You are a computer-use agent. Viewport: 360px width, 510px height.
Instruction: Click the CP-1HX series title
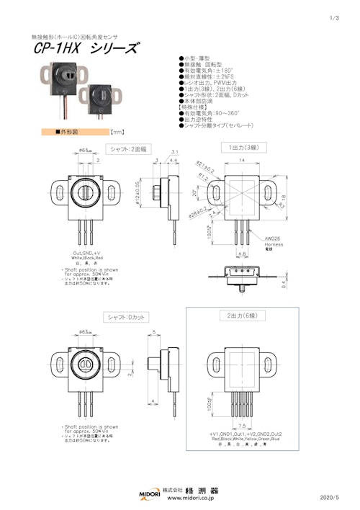pyautogui.click(x=85, y=48)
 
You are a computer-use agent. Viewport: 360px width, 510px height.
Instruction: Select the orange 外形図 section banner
pyautogui.click(x=71, y=133)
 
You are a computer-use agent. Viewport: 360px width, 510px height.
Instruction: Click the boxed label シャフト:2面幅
pyautogui.click(x=127, y=148)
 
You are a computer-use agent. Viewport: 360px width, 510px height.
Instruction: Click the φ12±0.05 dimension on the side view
pyautogui.click(x=138, y=194)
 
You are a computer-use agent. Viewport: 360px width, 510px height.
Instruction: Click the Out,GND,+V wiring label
pyautogui.click(x=87, y=253)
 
